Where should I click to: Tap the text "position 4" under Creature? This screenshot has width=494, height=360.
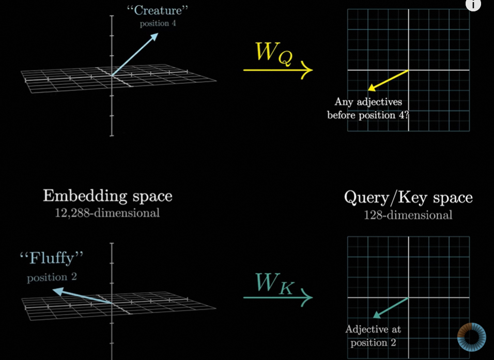point(158,24)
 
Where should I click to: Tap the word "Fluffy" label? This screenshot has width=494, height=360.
point(51,259)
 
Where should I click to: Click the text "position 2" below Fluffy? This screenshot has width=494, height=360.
point(52,277)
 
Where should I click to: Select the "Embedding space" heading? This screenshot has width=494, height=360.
point(107,197)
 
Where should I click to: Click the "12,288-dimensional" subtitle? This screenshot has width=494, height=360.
point(107,212)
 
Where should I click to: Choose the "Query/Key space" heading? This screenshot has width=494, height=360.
point(408,198)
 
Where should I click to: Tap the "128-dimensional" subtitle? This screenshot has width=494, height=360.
point(408,214)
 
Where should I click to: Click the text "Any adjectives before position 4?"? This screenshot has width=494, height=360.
point(368,109)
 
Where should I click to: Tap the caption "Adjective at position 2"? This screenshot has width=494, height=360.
point(373,336)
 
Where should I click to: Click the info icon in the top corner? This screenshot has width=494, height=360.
point(473,5)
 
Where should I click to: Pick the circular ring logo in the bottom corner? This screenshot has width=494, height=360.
point(471,337)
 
